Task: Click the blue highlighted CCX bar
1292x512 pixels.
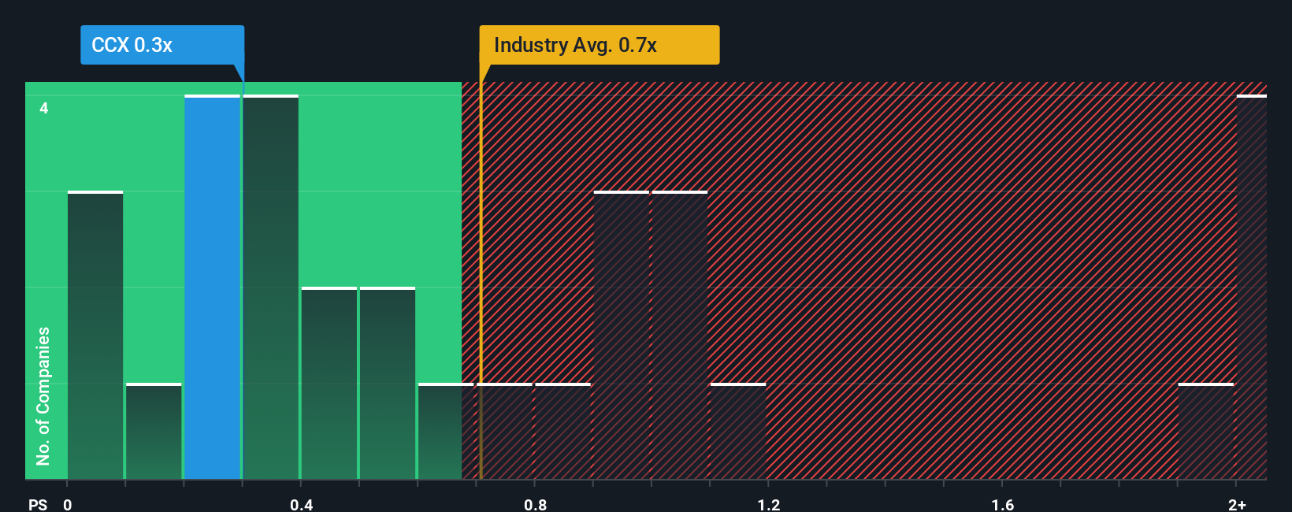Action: tap(212, 288)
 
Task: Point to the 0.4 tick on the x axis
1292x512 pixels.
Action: tap(301, 504)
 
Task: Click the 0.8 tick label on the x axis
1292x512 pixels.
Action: tap(535, 504)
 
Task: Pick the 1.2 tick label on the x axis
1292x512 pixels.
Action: tap(769, 504)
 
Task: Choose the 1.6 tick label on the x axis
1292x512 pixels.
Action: tap(1002, 504)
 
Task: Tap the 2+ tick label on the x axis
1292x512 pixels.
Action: tap(1237, 504)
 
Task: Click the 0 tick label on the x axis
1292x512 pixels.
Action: tap(68, 504)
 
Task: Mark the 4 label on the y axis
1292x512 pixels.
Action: tap(44, 108)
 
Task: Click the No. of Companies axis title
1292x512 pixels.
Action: tap(43, 395)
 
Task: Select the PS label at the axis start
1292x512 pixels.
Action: tap(38, 504)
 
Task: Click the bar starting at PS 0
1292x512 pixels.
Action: tap(95, 335)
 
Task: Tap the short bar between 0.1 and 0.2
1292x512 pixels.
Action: tap(154, 431)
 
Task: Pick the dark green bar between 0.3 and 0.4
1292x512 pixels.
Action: tap(271, 288)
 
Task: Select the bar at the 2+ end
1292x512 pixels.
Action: tap(1251, 288)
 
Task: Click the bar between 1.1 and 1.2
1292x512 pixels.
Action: tap(738, 431)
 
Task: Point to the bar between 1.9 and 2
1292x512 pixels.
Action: tap(1205, 431)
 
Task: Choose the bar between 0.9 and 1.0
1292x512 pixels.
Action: tap(622, 335)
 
